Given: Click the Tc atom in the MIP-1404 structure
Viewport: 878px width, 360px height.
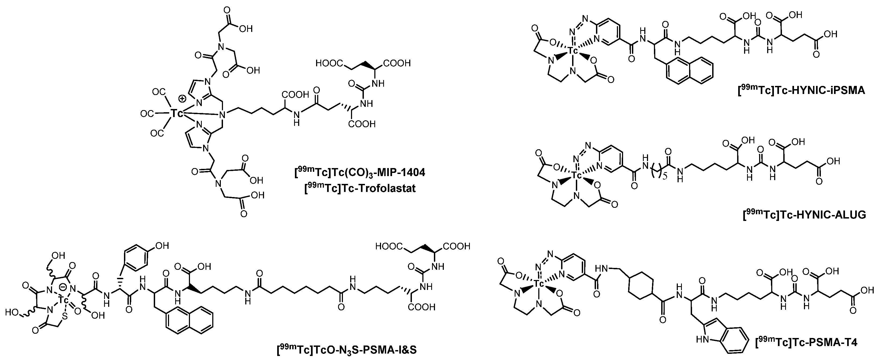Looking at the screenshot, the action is [177, 113].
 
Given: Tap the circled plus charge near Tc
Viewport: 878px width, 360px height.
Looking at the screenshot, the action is [183, 99].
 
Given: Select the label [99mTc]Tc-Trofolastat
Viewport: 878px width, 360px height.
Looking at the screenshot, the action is [360, 188].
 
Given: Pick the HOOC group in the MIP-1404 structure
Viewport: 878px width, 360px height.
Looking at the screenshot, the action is [329, 63].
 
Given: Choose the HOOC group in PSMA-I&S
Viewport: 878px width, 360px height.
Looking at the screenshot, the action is [389, 246].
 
